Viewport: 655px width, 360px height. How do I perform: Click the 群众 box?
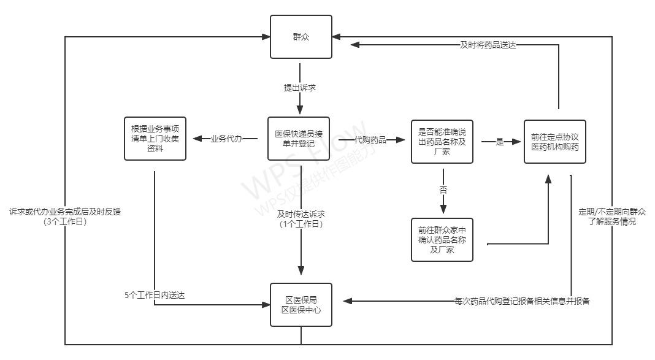[301, 37]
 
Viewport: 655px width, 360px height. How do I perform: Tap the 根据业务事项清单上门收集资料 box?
[155, 138]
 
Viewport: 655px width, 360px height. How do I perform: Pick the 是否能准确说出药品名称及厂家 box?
[442, 141]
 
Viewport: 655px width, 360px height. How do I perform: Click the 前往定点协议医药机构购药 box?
[555, 142]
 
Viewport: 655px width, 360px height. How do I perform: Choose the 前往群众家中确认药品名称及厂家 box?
[442, 240]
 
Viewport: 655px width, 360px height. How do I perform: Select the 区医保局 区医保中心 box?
[301, 305]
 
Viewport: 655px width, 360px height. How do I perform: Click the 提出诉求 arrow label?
[300, 88]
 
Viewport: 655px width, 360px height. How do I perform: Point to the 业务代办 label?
[226, 139]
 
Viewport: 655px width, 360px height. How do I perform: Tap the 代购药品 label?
[370, 140]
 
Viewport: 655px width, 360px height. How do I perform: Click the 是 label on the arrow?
[499, 142]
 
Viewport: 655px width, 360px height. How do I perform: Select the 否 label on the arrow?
[443, 190]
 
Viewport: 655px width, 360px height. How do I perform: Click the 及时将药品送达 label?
[488, 45]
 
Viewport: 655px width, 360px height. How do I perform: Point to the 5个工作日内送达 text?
[155, 295]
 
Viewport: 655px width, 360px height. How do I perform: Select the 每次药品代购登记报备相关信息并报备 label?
[522, 301]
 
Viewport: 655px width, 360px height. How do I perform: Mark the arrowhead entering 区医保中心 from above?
[301, 270]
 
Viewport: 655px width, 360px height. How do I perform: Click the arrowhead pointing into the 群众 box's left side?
[266, 37]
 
